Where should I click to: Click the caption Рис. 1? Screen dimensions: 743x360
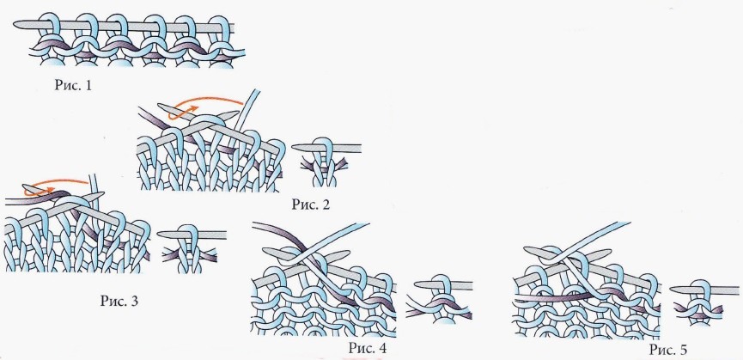[72, 85]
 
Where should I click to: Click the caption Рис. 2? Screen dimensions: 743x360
[310, 204]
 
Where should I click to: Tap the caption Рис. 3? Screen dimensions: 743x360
[119, 301]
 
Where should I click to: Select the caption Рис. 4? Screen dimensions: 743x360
[368, 348]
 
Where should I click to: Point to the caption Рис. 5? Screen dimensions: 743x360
[668, 350]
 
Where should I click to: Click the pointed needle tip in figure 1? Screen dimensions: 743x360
[15, 24]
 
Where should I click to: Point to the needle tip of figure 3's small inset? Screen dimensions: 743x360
[159, 234]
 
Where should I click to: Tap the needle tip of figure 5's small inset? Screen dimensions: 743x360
[672, 290]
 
